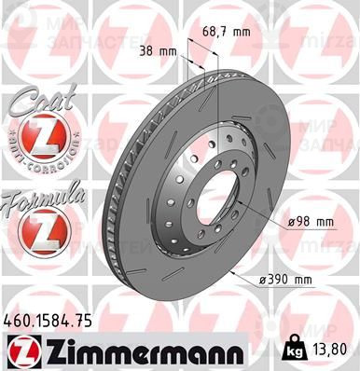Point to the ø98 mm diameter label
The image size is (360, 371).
click(x=311, y=221)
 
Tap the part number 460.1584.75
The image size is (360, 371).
click(x=48, y=321)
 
